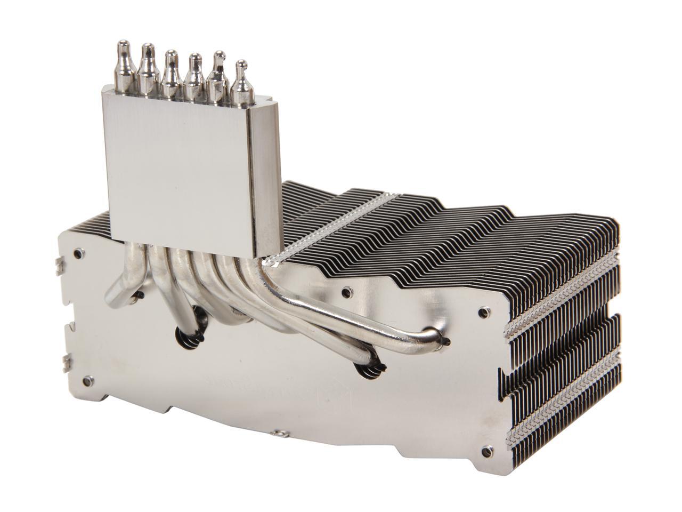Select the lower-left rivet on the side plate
(85, 380)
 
